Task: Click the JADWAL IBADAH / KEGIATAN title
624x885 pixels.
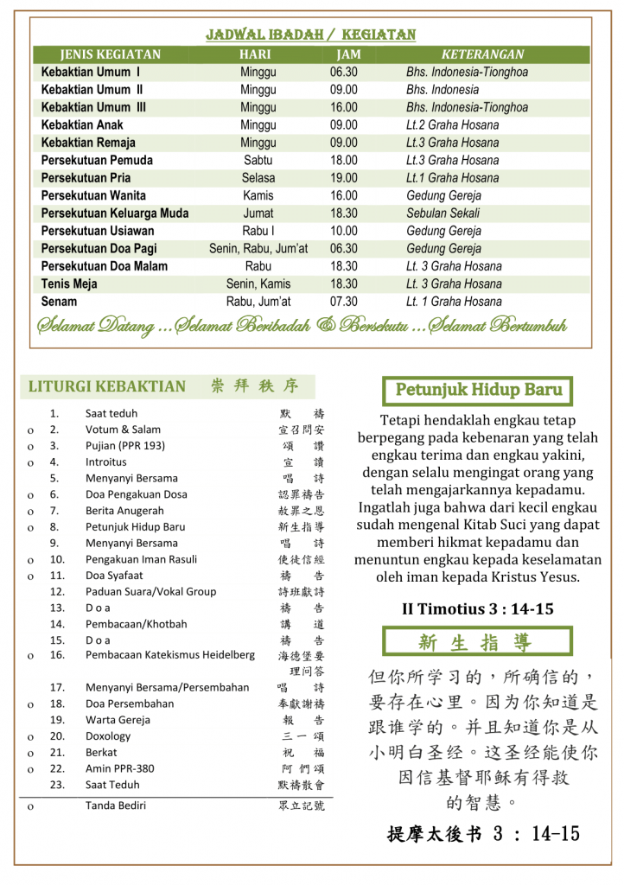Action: pos(311,35)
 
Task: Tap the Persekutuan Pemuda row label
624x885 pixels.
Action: pos(97,160)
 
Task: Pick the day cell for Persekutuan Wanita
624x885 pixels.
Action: pos(258,195)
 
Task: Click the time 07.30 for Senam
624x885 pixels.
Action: pos(343,302)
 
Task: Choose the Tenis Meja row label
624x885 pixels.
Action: pos(69,283)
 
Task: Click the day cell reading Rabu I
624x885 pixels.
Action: pos(258,231)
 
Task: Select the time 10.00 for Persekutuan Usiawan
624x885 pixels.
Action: pos(343,231)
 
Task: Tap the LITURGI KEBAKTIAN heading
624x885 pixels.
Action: pos(107,386)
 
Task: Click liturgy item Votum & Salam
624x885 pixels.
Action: pos(123,430)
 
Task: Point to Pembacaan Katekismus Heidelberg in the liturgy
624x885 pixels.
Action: pos(170,655)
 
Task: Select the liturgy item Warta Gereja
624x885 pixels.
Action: pos(118,720)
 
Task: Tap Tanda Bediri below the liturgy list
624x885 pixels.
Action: pos(116,805)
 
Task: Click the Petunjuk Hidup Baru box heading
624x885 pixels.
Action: pos(479,390)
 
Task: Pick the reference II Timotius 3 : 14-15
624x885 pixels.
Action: pos(478,609)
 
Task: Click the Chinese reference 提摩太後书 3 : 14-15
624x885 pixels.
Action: pos(483,834)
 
